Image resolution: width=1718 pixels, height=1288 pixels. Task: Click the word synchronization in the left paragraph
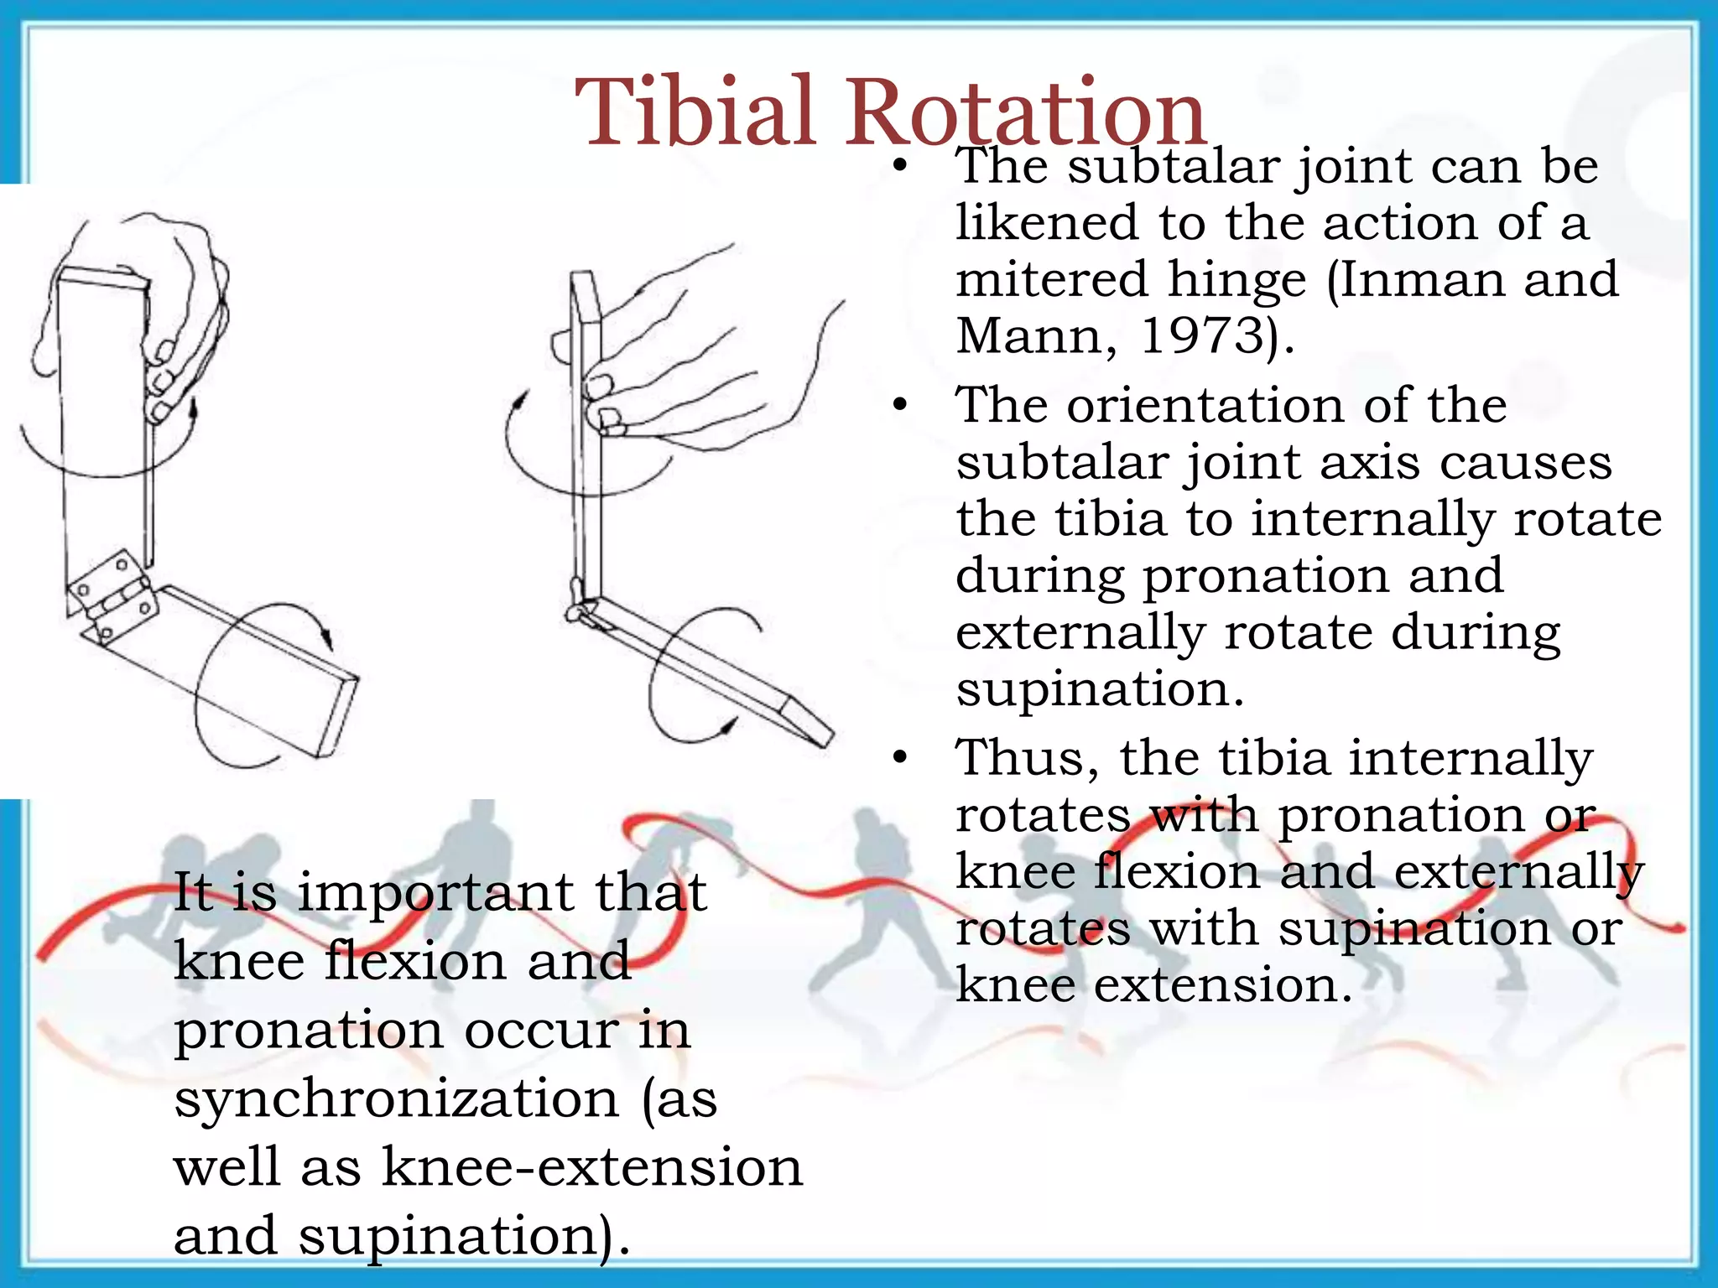coord(396,1100)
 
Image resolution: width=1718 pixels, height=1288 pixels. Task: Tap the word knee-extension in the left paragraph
coord(592,1166)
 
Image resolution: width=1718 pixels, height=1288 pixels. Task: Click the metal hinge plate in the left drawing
coord(112,595)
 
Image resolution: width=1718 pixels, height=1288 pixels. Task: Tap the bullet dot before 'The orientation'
coord(900,406)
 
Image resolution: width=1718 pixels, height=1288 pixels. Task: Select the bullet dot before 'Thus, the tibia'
coord(900,758)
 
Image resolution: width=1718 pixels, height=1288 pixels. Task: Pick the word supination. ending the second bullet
coord(1099,689)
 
